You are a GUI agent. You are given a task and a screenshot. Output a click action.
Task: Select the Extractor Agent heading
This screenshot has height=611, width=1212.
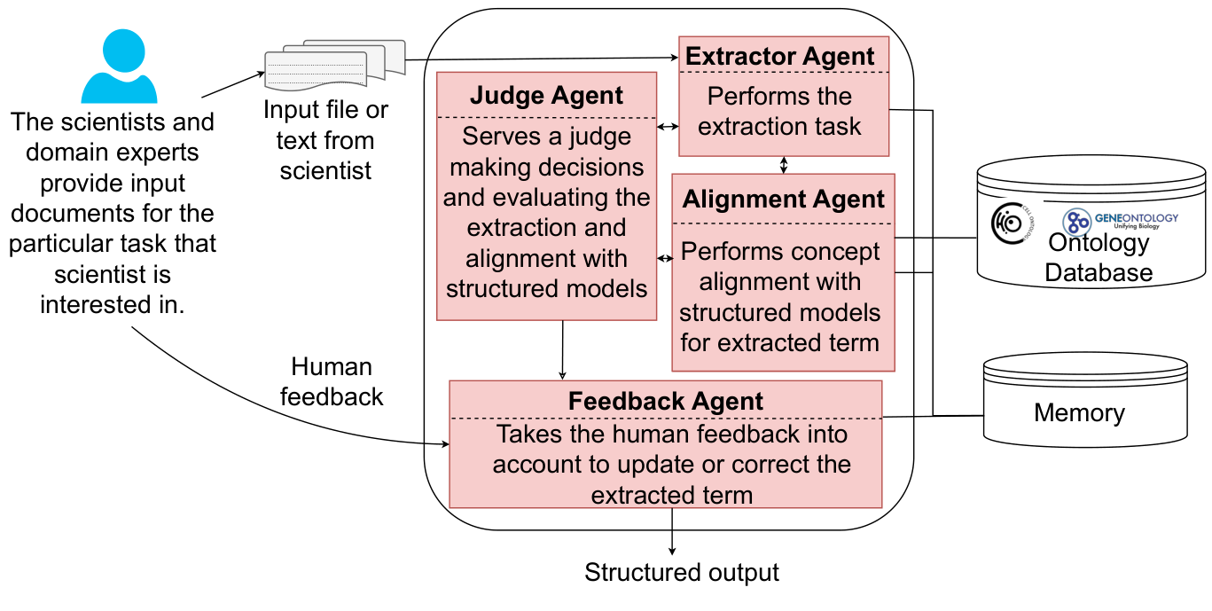(780, 56)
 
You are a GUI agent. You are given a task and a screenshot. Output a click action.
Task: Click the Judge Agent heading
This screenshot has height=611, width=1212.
(546, 96)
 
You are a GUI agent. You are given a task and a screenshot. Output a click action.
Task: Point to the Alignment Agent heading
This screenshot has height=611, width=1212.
(783, 199)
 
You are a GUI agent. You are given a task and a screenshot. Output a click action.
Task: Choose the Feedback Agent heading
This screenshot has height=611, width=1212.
(665, 401)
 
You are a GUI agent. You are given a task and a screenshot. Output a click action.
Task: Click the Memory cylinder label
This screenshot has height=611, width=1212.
(1078, 412)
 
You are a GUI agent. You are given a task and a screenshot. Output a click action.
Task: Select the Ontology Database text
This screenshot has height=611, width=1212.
(1098, 257)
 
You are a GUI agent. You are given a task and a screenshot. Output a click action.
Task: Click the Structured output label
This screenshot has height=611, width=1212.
(681, 573)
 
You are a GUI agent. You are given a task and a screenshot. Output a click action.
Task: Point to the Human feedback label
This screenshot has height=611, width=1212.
(332, 381)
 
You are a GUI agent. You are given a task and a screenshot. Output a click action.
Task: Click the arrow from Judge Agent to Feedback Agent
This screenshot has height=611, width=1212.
(563, 350)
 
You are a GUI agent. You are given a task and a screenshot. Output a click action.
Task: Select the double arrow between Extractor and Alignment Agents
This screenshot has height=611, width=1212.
(782, 165)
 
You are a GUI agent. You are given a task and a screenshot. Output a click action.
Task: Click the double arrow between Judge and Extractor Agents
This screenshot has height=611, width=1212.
(668, 127)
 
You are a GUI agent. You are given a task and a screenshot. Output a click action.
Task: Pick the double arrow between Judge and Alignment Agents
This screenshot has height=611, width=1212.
(664, 258)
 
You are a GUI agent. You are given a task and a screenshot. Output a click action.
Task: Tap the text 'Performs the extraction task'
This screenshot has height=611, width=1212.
(778, 111)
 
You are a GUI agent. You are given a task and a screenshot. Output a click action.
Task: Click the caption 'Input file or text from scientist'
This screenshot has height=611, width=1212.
(326, 140)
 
